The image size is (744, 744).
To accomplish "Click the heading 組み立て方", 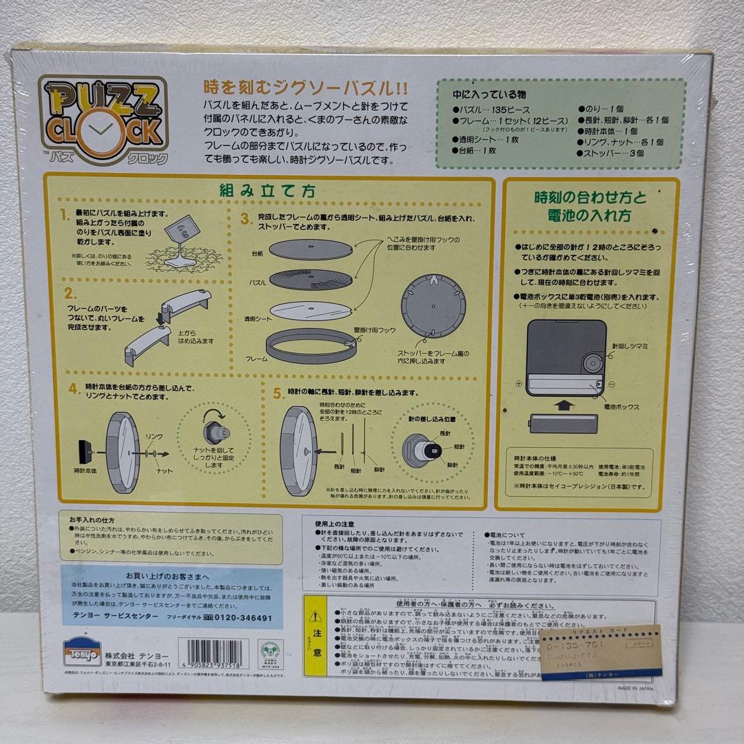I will [269, 191].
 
